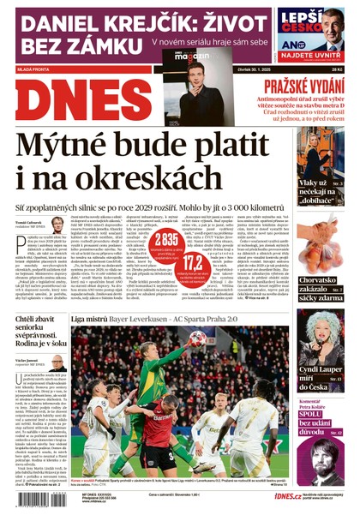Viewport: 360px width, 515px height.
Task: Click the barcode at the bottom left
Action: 30,497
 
